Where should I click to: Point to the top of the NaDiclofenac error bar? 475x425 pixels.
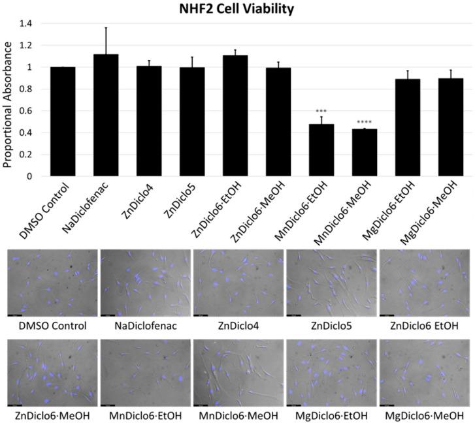click(x=106, y=28)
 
